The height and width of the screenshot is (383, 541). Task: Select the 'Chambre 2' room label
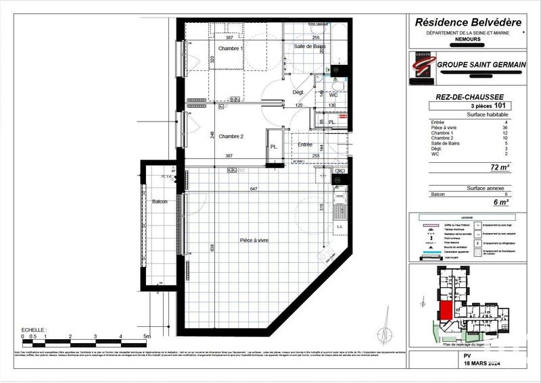231,136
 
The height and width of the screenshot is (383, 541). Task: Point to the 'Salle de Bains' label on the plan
310,47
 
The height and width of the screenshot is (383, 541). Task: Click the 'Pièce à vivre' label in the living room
254,240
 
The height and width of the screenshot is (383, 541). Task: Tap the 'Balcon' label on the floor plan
160,202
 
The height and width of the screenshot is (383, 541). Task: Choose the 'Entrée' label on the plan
305,145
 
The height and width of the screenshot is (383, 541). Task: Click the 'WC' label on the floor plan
333,95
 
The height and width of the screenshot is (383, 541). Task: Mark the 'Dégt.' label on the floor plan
298,92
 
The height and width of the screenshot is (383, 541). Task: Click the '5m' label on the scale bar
147,336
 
